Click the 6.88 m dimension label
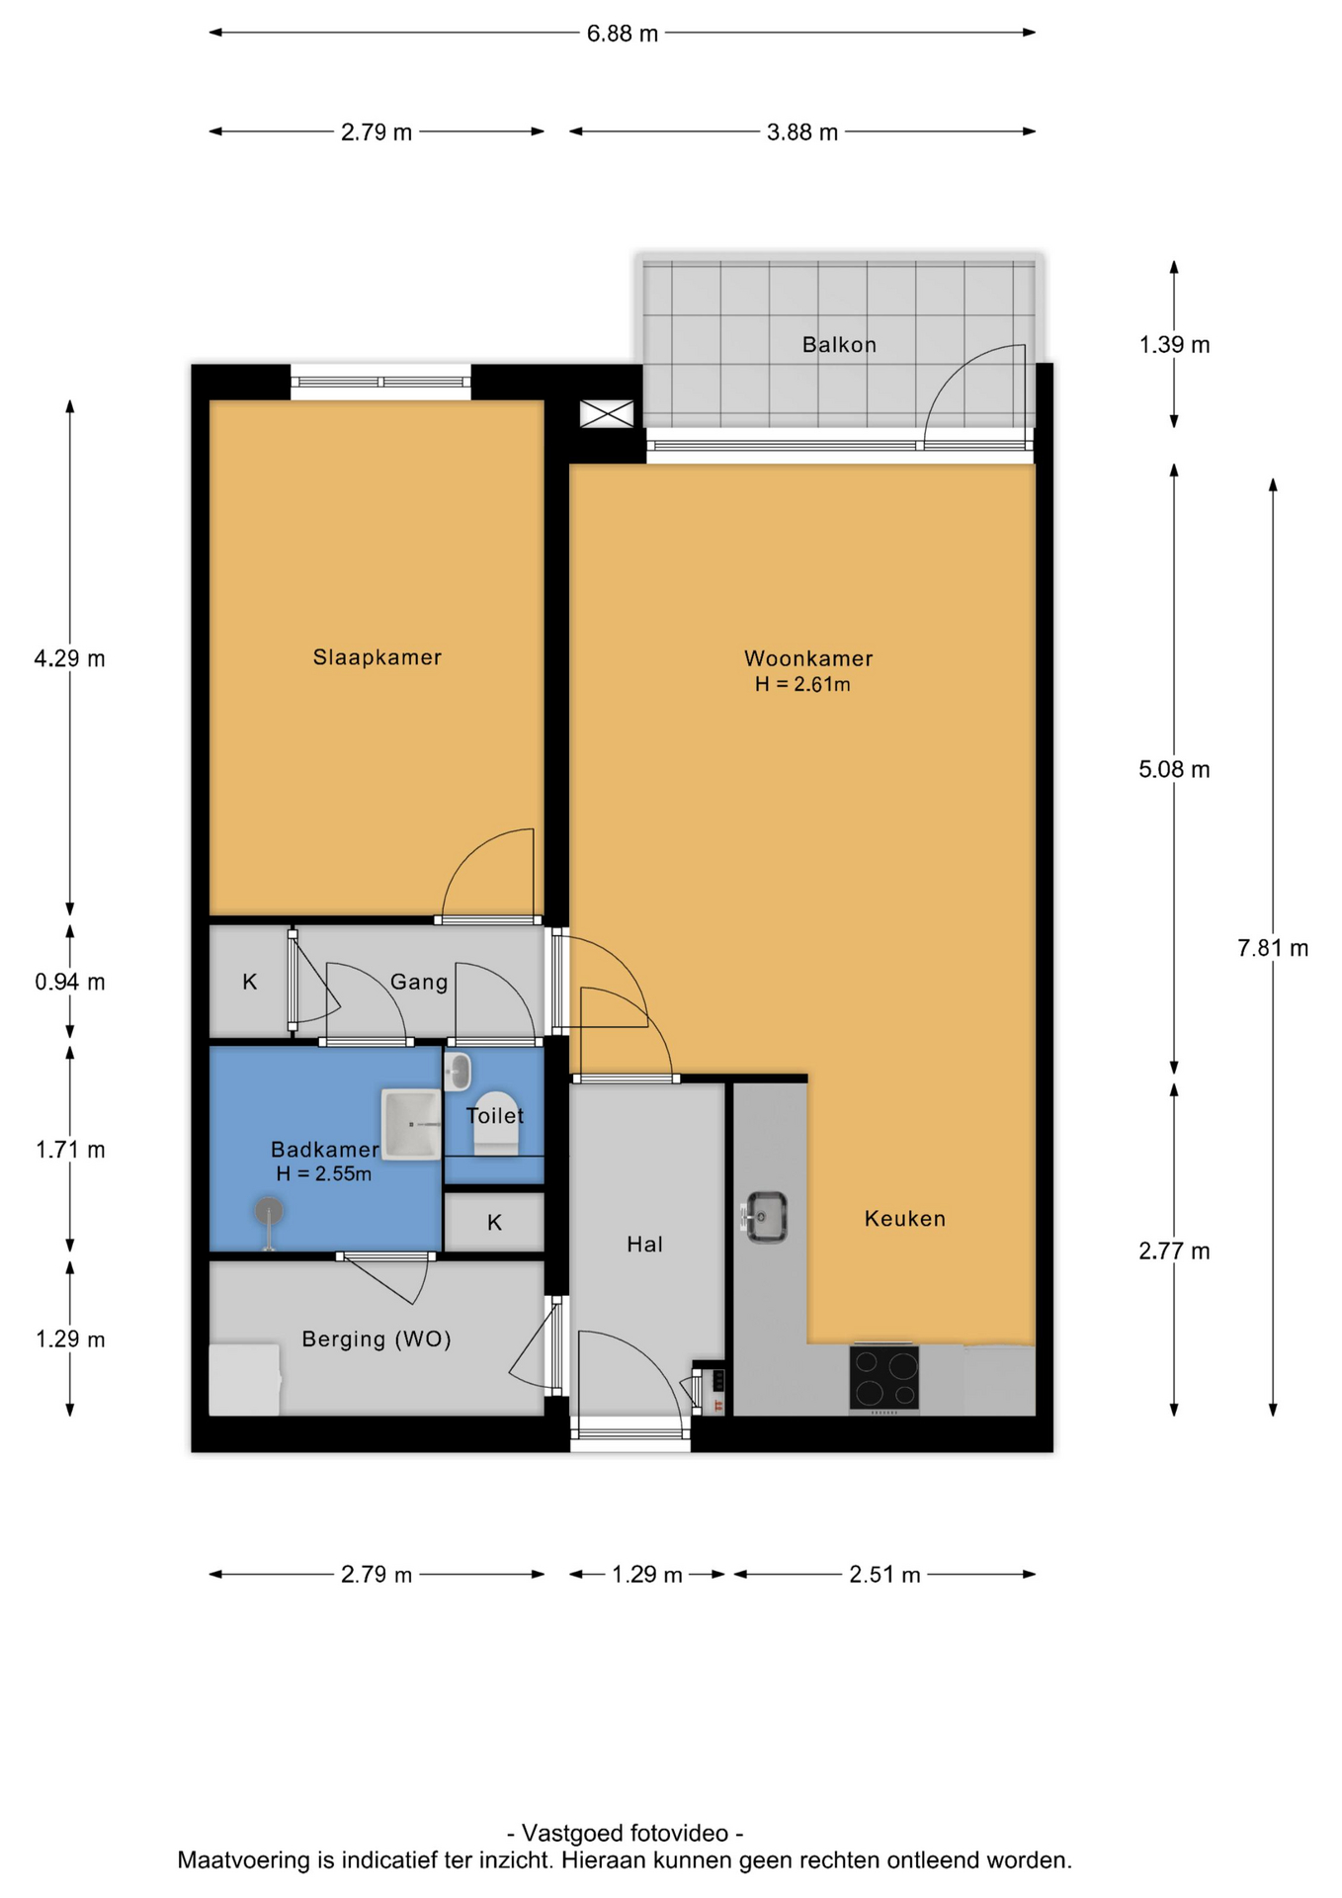point(622,34)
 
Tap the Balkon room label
point(839,345)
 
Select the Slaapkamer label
point(377,657)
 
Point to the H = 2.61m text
point(802,684)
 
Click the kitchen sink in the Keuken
point(764,1216)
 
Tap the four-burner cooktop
point(884,1377)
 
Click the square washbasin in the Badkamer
point(411,1124)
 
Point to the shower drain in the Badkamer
point(268,1210)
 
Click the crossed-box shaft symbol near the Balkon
point(607,413)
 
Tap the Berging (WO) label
point(377,1339)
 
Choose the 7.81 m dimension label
point(1273,949)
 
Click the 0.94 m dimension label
point(70,983)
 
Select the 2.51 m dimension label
point(884,1575)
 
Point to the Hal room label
point(644,1245)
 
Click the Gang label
point(419,983)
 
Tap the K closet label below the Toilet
point(495,1223)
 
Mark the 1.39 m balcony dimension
point(1174,345)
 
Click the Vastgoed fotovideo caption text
point(625,1834)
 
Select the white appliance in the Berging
point(245,1379)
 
